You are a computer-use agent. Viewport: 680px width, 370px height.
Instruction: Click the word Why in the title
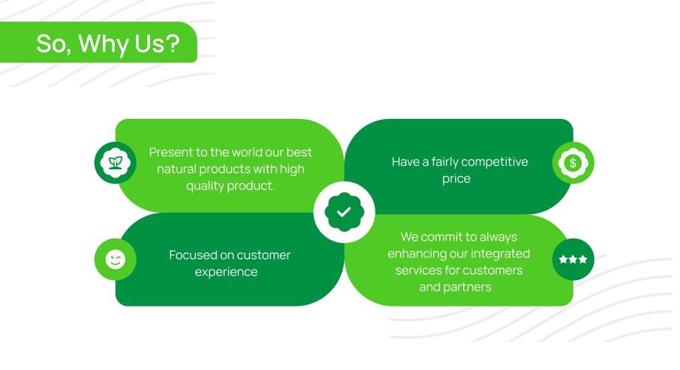pos(103,44)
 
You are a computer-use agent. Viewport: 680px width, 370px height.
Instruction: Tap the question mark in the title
pos(173,43)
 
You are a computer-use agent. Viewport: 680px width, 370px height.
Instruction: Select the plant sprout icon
pos(115,162)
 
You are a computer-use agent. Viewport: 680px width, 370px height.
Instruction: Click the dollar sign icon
pos(573,163)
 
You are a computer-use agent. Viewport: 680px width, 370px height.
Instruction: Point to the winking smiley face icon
pos(115,259)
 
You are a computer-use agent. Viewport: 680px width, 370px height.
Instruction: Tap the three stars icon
pos(573,259)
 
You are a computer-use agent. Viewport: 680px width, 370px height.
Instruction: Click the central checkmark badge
pos(344,212)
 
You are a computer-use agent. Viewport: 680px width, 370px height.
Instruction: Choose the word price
pos(456,179)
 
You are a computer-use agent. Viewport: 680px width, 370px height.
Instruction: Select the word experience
pos(226,272)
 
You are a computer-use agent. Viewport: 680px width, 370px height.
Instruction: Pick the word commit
pos(441,237)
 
